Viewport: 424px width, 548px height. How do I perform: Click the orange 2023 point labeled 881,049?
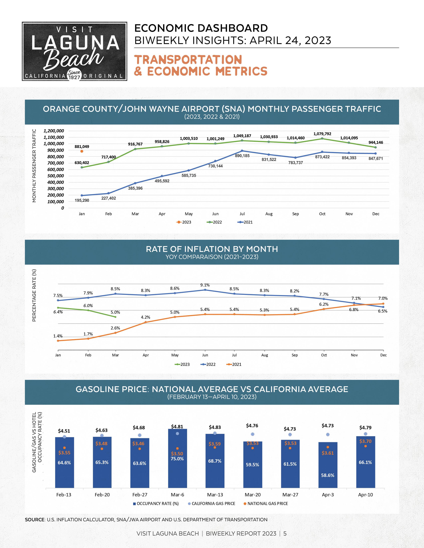pyautogui.click(x=82, y=151)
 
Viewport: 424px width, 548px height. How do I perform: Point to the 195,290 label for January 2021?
pyautogui.click(x=82, y=200)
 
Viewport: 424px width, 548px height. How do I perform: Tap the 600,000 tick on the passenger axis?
pyautogui.click(x=56, y=169)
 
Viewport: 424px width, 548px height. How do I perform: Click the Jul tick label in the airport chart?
pyautogui.click(x=242, y=214)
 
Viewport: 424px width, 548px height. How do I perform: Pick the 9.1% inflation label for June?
pyautogui.click(x=205, y=285)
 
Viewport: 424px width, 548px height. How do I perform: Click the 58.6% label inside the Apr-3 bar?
pyautogui.click(x=328, y=475)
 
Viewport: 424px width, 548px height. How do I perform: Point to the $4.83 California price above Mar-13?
pyautogui.click(x=215, y=427)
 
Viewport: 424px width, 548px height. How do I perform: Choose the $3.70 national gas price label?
pyautogui.click(x=365, y=441)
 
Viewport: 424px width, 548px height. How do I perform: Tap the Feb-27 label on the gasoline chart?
pyautogui.click(x=140, y=495)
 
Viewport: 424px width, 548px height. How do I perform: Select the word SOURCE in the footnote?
pyautogui.click(x=35, y=520)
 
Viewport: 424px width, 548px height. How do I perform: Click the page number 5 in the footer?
pyautogui.click(x=285, y=533)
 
